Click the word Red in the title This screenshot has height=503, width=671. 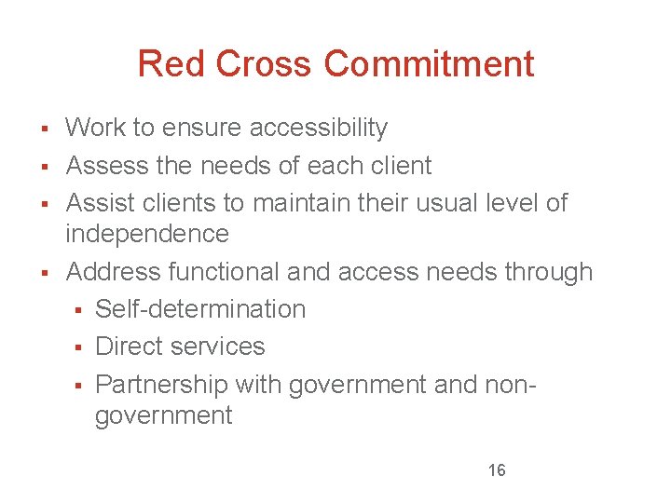pos(169,64)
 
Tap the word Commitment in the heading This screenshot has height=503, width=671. pos(430,64)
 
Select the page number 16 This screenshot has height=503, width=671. pos(497,470)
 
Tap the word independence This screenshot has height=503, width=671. pos(147,233)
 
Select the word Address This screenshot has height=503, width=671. pos(114,272)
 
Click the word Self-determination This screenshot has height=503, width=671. pos(200,309)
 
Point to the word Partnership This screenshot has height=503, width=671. pos(161,384)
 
